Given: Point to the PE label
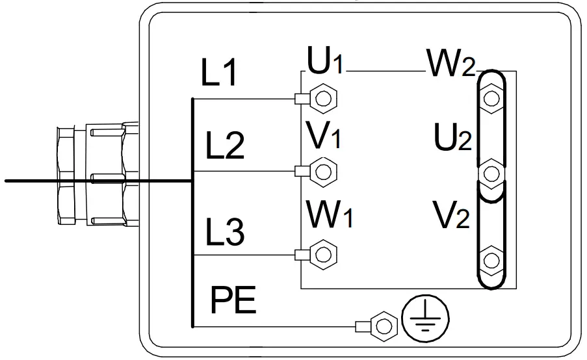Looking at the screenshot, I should point(234,300).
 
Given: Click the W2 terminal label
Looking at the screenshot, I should point(450,63).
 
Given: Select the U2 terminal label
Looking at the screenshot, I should point(453,137).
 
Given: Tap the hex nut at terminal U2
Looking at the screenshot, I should point(492,174).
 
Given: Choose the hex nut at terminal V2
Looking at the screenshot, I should point(492,260).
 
